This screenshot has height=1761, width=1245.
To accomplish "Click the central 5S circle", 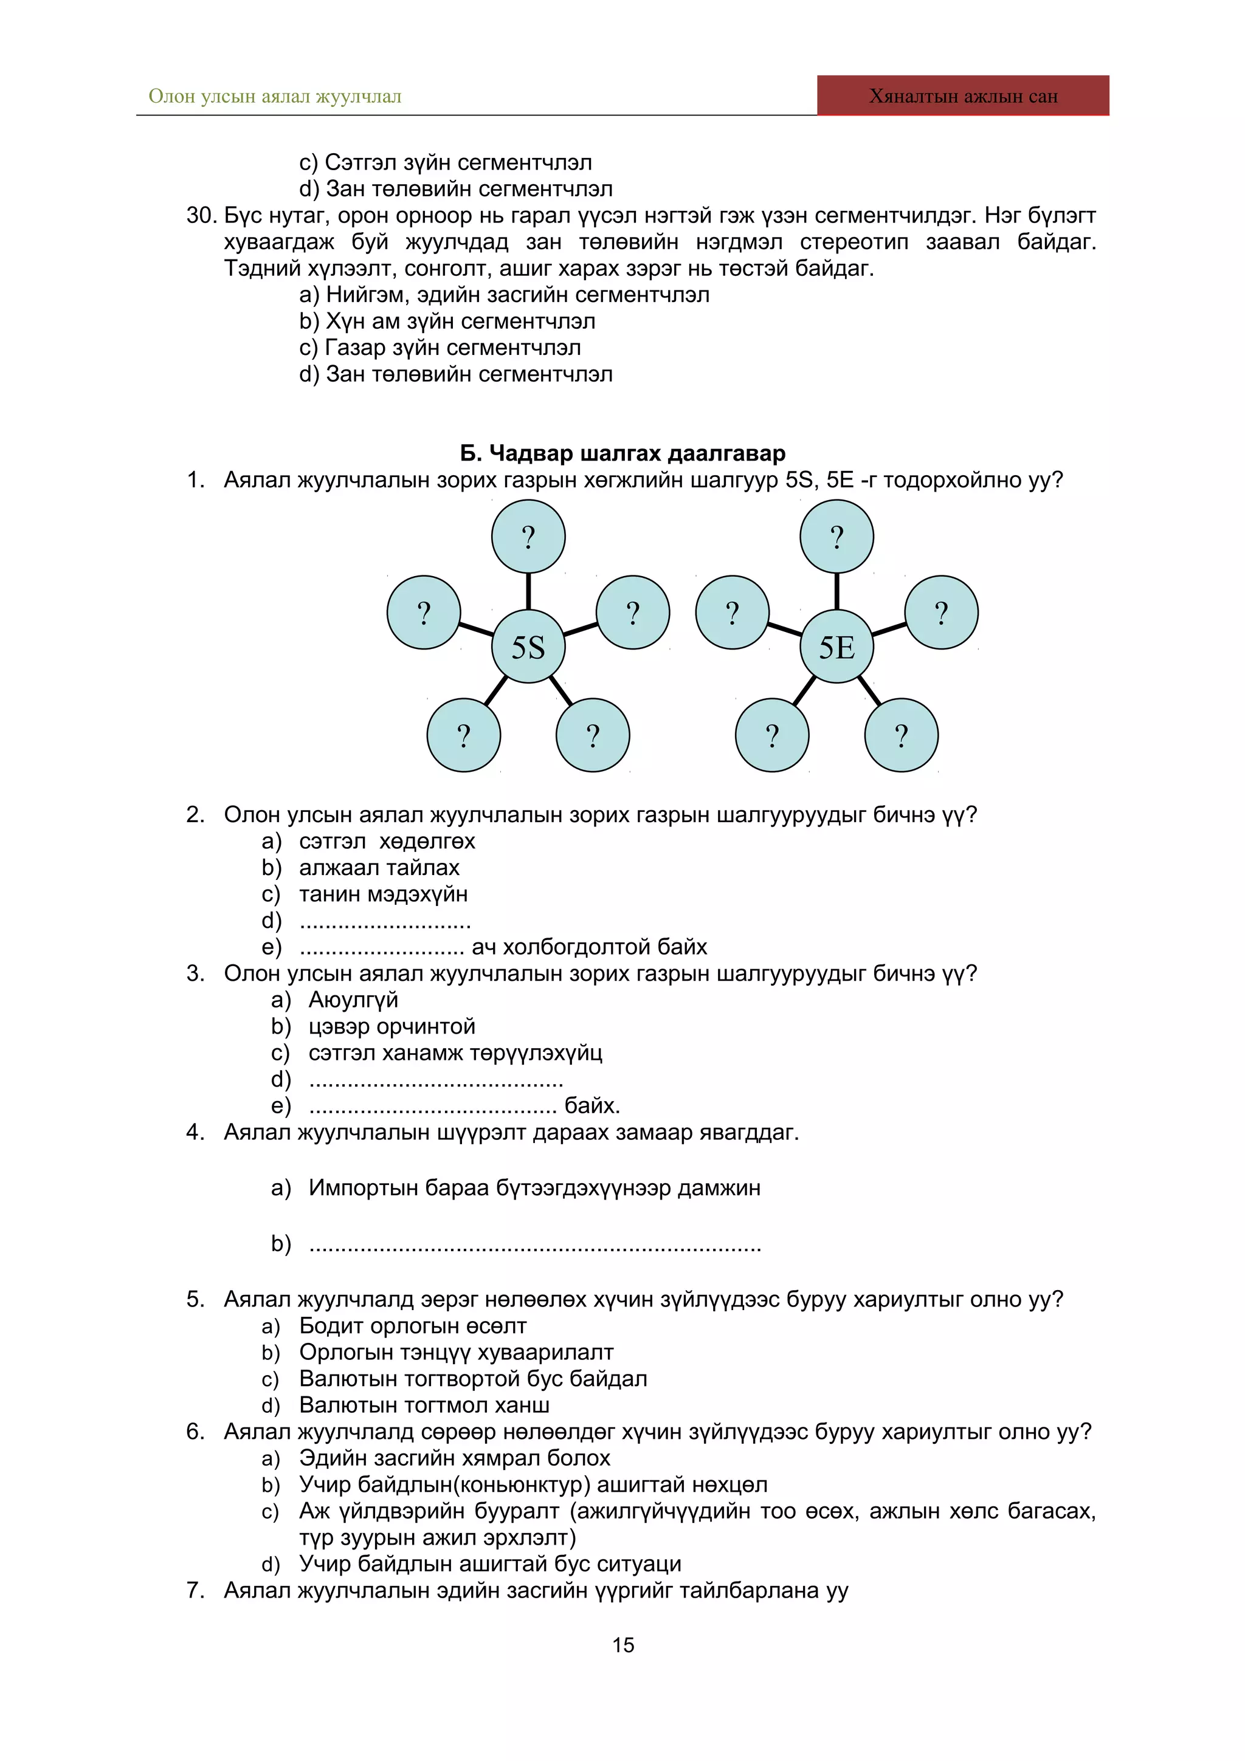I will click(x=528, y=647).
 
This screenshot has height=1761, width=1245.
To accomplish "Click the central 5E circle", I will click(x=836, y=647).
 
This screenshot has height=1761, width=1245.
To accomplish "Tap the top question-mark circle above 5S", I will click(x=528, y=536).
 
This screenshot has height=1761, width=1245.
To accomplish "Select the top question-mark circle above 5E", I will click(x=836, y=536).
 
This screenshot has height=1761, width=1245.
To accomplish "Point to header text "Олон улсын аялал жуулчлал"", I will click(x=275, y=97).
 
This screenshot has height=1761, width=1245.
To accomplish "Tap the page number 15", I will click(x=623, y=1644).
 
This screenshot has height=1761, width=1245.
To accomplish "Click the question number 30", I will click(x=201, y=216).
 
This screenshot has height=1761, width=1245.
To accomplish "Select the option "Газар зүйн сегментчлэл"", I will click(x=452, y=348).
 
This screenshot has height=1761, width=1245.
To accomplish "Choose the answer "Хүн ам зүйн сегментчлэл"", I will click(x=460, y=321).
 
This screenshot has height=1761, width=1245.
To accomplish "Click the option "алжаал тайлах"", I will click(x=379, y=868).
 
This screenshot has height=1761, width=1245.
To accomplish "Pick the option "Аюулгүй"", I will click(x=353, y=1000).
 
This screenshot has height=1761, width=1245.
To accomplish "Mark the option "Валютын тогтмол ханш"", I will click(x=424, y=1405).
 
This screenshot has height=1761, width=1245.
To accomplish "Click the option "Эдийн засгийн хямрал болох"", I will click(x=454, y=1458).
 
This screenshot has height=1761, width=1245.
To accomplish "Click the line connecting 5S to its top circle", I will click(x=528, y=591).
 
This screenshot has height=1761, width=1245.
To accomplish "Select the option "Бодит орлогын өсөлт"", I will click(x=413, y=1326).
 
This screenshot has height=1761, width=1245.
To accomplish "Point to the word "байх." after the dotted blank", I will click(x=591, y=1105).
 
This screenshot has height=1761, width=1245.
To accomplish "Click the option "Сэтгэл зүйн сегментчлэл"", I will click(x=458, y=163).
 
